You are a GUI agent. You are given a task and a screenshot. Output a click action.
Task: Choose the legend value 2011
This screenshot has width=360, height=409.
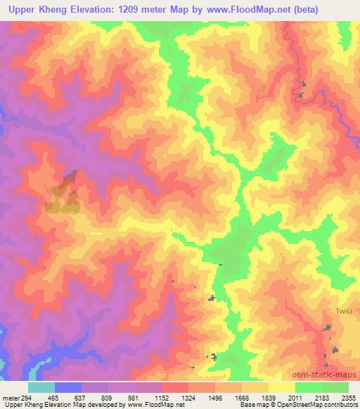pyautogui.click(x=285, y=398)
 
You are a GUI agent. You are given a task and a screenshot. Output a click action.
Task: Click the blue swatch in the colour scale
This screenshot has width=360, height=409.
pyautogui.click(x=68, y=387)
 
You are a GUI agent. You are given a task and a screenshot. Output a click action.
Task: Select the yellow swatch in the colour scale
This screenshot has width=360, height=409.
pyautogui.click(x=281, y=387)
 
